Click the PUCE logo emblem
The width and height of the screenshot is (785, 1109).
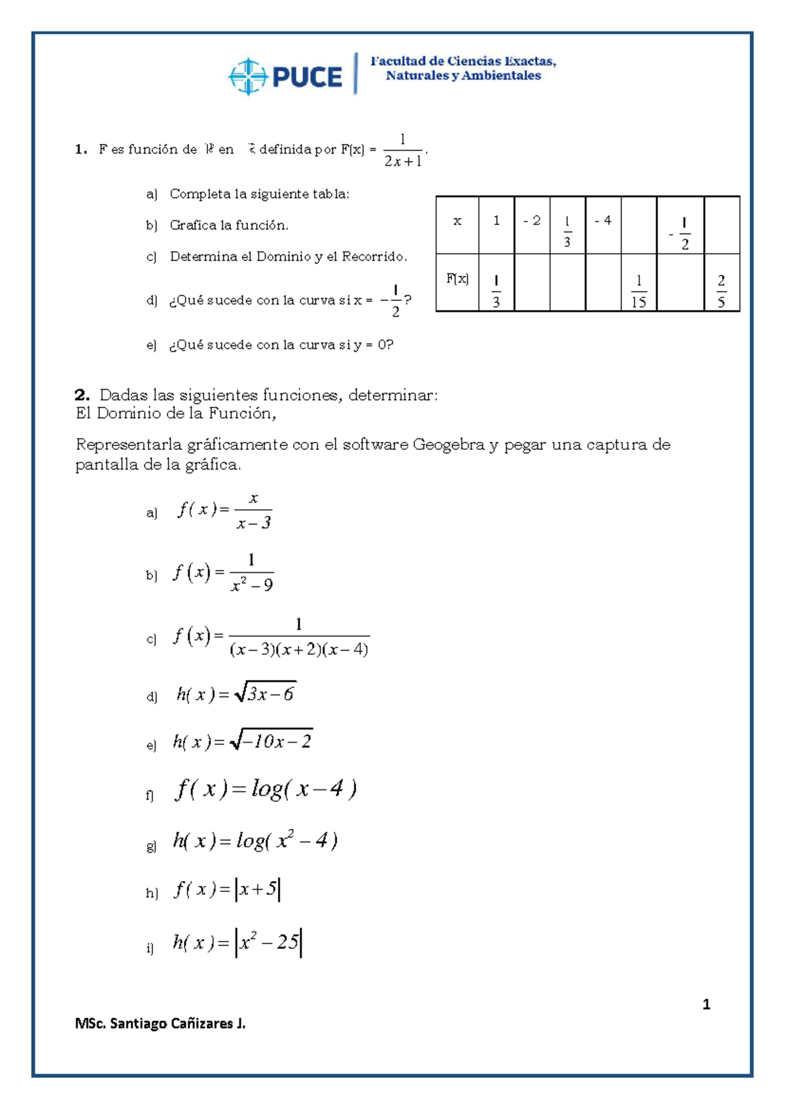pos(247,77)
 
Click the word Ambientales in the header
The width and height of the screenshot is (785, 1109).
pos(501,76)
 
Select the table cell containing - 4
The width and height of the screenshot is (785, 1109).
pos(603,221)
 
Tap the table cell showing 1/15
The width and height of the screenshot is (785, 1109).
pos(638,291)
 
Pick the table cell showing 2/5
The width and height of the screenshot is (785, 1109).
pos(721,291)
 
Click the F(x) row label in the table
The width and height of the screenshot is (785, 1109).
pos(457,279)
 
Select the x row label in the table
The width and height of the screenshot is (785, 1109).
pos(457,221)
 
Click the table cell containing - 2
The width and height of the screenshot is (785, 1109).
pos(532,221)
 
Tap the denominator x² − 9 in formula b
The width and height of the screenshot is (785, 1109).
pos(252,585)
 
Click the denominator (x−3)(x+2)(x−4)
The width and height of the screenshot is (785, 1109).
pos(299,649)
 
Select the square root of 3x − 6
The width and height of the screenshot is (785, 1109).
pos(266,693)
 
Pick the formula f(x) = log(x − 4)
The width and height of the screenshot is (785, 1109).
pos(266,789)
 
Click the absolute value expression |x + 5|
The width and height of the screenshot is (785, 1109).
pos(258,889)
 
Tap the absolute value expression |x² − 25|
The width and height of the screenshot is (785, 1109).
pos(268,942)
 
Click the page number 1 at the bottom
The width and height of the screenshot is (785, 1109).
pos(706,1004)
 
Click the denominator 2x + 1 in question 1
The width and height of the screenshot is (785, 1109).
pos(402,162)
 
